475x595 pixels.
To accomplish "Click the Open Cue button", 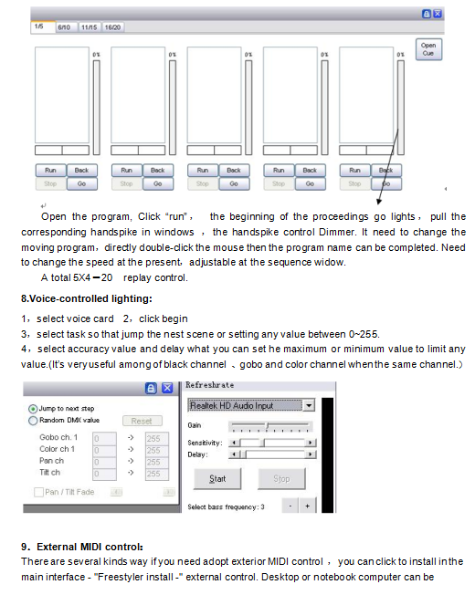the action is tap(428, 49).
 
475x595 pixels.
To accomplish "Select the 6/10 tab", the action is tap(64, 27).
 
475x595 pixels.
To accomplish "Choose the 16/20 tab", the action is tap(112, 27).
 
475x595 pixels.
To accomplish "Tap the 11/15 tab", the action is tap(90, 27).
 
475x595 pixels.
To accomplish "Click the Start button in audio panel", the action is tap(217, 479).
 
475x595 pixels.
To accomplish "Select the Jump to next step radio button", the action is tap(33, 409).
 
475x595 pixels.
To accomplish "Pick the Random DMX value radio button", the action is tap(33, 421).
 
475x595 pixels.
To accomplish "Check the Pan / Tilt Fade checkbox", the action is tap(38, 492).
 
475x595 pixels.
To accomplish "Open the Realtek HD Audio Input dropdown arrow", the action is tap(309, 406).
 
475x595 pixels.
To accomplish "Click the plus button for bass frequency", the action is tap(307, 506).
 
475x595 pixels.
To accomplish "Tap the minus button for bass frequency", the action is tap(290, 506).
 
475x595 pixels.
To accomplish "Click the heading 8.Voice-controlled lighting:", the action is tap(87, 298).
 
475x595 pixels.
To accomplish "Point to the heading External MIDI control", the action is tap(90, 547).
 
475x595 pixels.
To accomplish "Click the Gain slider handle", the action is tap(268, 426).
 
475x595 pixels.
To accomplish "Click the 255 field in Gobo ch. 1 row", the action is tap(157, 439).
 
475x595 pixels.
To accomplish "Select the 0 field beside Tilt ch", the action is tap(104, 474).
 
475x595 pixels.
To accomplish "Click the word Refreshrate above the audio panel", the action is tap(209, 385).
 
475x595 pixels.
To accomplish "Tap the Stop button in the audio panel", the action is tap(281, 479).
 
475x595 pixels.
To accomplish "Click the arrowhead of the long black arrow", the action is tap(378, 202).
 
